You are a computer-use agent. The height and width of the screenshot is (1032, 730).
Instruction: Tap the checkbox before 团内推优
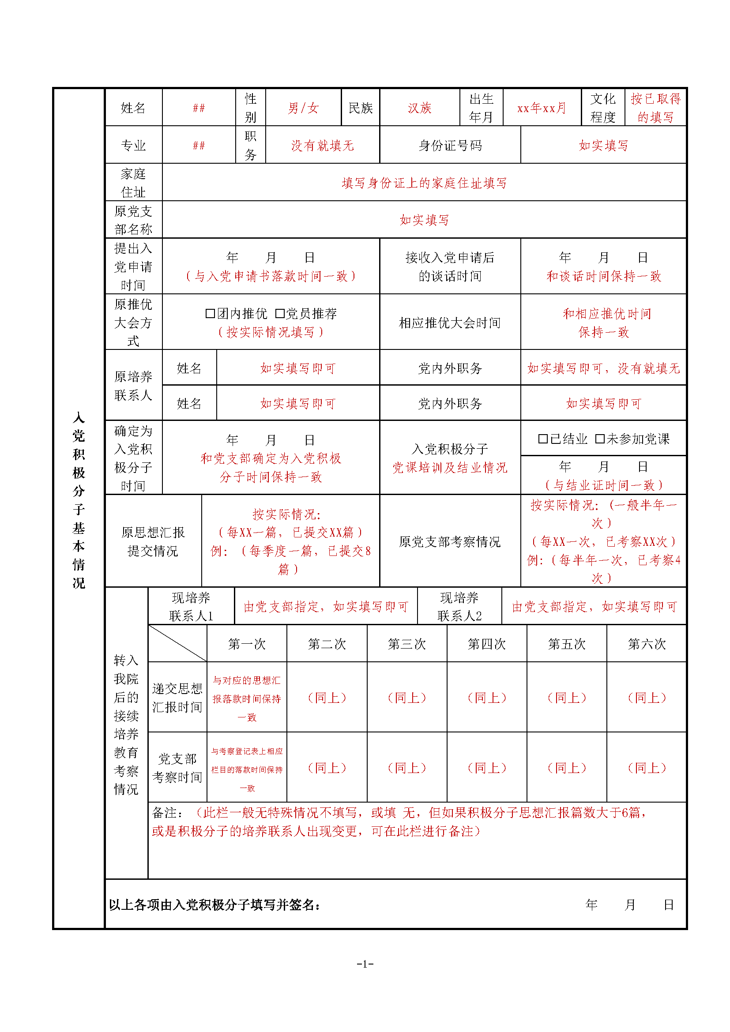tap(210, 313)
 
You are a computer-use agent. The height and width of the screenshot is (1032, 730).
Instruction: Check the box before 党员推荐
tap(279, 313)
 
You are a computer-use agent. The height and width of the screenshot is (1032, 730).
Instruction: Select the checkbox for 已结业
tap(543, 439)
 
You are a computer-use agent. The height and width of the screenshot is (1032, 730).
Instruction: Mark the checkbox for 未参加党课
tap(600, 439)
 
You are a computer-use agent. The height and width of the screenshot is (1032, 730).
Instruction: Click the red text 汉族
tap(419, 108)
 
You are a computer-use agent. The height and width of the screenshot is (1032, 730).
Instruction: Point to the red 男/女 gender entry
tap(303, 108)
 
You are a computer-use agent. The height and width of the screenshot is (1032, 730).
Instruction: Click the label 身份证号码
tap(450, 145)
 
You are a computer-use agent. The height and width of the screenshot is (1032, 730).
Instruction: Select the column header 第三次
tap(407, 644)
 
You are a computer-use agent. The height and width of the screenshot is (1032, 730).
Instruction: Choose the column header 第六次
tap(647, 644)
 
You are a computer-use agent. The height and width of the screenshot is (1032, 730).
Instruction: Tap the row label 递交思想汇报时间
tap(177, 698)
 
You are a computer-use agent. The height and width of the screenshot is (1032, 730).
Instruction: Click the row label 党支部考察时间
tap(177, 768)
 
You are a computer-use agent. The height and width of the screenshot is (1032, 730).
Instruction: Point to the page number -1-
tap(365, 963)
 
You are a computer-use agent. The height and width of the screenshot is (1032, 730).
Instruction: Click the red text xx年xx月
tap(542, 108)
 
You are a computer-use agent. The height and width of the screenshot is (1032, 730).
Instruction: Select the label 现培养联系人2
tap(459, 606)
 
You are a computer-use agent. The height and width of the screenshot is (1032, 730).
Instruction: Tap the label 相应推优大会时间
tap(450, 322)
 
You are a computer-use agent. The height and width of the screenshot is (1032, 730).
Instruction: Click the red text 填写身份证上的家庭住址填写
tap(424, 183)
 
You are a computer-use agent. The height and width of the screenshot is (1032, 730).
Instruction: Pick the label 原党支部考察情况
tap(450, 542)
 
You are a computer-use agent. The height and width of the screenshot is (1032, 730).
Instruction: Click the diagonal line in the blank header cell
tap(177, 643)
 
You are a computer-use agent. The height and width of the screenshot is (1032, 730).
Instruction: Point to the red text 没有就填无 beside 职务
tap(322, 145)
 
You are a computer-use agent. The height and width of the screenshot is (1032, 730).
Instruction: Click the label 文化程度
tap(603, 108)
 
